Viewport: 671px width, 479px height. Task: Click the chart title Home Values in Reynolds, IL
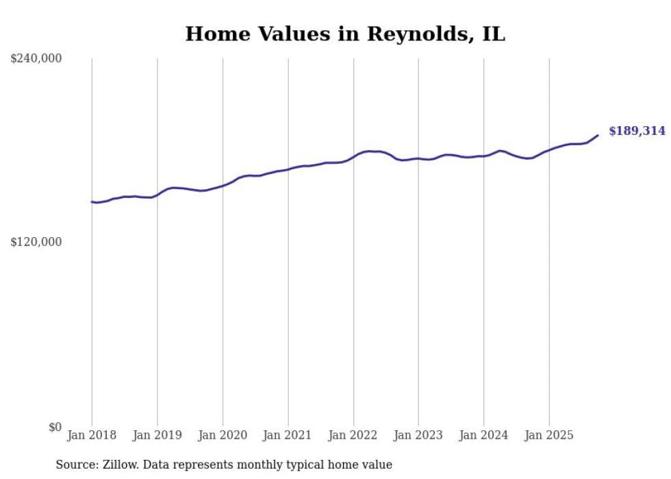[345, 34]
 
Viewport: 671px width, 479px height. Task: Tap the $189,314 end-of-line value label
[636, 131]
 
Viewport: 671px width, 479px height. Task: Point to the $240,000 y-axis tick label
[36, 59]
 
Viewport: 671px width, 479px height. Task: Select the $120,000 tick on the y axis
[36, 243]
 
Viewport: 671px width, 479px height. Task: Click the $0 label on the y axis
[55, 427]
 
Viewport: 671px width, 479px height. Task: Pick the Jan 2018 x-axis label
[92, 435]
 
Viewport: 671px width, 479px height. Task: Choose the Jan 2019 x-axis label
[157, 435]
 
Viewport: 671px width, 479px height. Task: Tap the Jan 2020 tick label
[223, 435]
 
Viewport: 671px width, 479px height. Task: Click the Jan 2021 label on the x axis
[288, 435]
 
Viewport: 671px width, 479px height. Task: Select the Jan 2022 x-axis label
[353, 435]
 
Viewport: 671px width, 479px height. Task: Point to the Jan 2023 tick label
[418, 435]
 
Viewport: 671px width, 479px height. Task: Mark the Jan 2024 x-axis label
[483, 435]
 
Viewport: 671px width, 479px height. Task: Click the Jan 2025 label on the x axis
[548, 435]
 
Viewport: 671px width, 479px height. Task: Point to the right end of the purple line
[598, 135]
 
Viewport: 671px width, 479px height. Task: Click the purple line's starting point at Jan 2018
[92, 201]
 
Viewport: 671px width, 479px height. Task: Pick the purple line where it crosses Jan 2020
[223, 186]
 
